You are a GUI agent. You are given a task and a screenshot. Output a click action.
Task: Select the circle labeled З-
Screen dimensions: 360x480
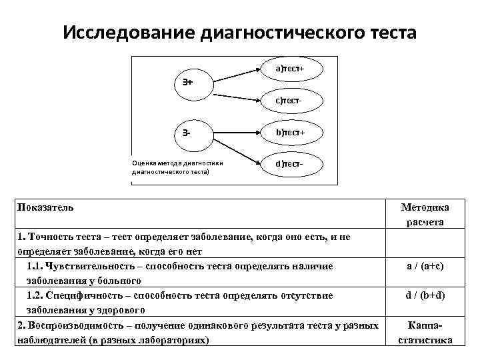click(x=187, y=131)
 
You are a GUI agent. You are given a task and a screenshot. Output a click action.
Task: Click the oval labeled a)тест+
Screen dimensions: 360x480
click(x=289, y=69)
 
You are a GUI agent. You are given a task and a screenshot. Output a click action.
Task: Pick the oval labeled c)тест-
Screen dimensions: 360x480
click(x=289, y=101)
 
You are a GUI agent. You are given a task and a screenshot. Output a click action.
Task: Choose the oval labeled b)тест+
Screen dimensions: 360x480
click(x=289, y=132)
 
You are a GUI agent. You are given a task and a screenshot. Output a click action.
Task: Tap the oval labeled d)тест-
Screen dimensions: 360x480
click(x=289, y=163)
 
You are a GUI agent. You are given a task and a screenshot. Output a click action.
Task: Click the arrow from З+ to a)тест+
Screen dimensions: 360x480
click(x=233, y=73)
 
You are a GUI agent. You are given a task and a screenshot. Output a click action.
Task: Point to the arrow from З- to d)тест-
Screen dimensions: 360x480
click(x=233, y=148)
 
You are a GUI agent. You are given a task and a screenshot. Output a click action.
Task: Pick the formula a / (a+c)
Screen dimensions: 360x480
click(x=425, y=265)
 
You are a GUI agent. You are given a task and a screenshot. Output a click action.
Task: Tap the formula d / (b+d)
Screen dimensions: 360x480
click(x=425, y=295)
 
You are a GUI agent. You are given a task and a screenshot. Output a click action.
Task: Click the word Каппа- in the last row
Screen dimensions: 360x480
click(x=425, y=325)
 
